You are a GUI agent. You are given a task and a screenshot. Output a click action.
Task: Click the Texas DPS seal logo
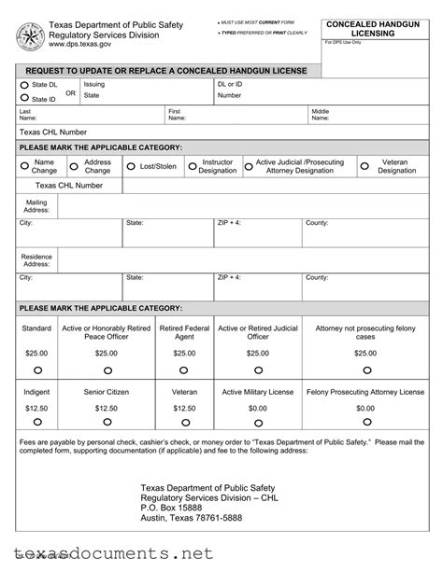28,35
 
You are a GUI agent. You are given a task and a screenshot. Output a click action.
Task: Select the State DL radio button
24,85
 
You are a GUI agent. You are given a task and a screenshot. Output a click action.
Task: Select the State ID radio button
24,97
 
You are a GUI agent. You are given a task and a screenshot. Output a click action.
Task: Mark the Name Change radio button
24,166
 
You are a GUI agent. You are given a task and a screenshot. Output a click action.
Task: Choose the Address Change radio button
77,166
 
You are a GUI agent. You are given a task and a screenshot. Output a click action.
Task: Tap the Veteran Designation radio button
364,166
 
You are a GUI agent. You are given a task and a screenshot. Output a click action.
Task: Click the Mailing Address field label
36,206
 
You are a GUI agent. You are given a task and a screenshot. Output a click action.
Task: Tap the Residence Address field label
36,259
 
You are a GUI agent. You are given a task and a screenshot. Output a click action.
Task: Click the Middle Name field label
321,115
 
